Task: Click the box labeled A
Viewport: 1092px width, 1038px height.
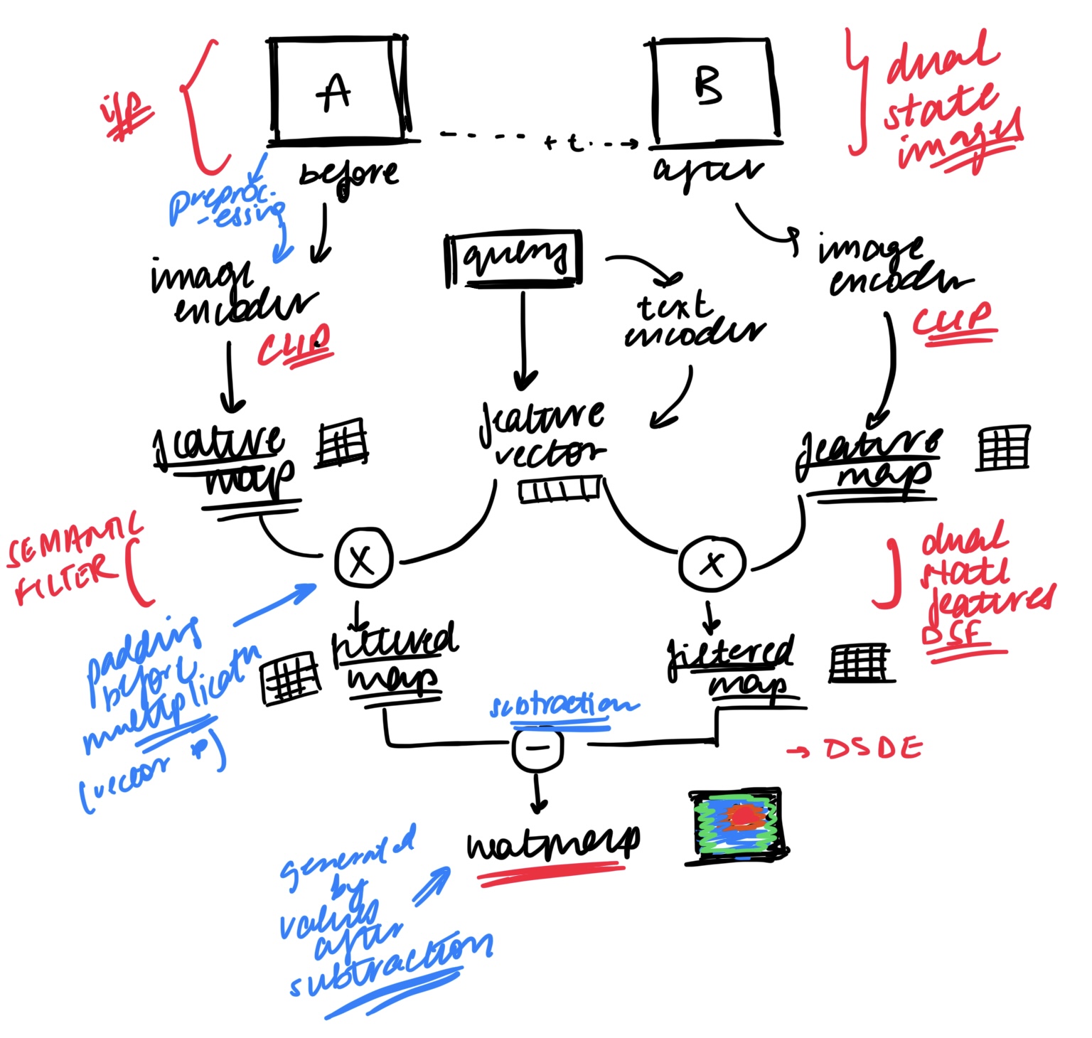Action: coord(338,90)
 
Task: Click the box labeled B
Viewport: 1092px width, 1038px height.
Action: coord(714,88)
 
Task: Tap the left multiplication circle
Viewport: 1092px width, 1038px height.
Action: coord(363,560)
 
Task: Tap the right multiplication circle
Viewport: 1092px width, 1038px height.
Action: coord(712,565)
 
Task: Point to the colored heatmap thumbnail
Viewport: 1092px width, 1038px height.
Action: coord(738,824)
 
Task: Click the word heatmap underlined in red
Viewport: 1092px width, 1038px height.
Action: coord(552,843)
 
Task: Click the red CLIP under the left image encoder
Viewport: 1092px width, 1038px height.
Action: coord(294,346)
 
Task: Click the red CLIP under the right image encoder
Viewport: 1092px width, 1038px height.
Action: coord(953,321)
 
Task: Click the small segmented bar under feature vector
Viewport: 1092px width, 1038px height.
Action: coord(560,490)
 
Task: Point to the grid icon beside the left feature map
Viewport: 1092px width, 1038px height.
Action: coord(342,443)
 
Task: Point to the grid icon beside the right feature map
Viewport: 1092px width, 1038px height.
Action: coord(1003,447)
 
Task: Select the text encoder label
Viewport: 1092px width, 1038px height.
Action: coord(693,320)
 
